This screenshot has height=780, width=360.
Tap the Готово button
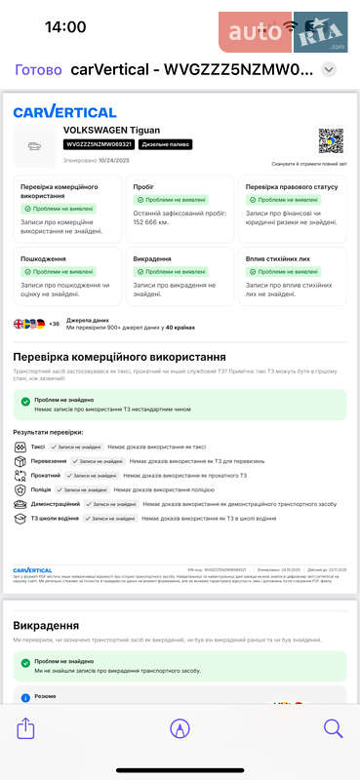pyautogui.click(x=39, y=69)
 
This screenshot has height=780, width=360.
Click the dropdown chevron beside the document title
pyautogui.click(x=329, y=69)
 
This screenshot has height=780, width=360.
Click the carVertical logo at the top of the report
pyautogui.click(x=64, y=111)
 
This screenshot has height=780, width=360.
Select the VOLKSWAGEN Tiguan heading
pyautogui.click(x=111, y=130)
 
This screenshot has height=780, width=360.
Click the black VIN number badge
pyautogui.click(x=98, y=144)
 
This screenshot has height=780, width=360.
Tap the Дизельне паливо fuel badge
pyautogui.click(x=165, y=144)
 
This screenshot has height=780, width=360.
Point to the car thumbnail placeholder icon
pyautogui.click(x=36, y=146)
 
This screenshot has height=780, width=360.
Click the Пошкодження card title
pyautogui.click(x=43, y=259)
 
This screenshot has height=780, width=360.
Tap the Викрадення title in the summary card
pyautogui.click(x=153, y=259)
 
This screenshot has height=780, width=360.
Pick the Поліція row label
pyautogui.click(x=42, y=489)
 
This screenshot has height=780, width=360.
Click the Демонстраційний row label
pyautogui.click(x=56, y=504)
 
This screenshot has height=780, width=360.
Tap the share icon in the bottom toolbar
pyautogui.click(x=26, y=727)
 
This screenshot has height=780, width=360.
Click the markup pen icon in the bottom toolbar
pyautogui.click(x=180, y=727)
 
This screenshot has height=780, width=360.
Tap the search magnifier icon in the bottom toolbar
pyautogui.click(x=333, y=727)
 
